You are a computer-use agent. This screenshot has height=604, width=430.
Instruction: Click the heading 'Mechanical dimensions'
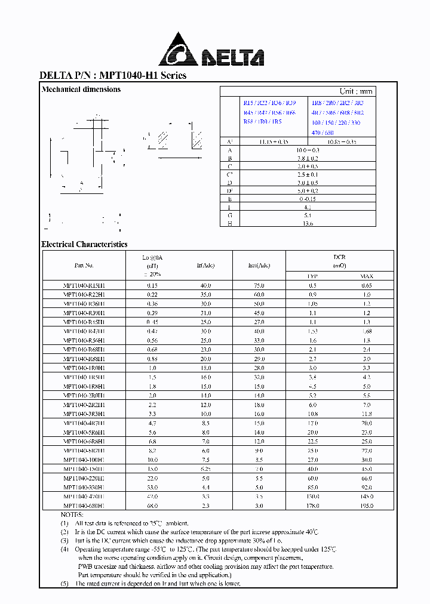[81, 90]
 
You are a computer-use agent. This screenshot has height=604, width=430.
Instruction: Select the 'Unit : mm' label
[355, 91]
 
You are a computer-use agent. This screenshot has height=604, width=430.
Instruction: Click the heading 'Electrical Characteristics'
[84, 244]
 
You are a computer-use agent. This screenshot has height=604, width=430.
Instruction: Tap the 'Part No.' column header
[84, 266]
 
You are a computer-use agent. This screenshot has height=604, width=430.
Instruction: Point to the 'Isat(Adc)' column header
[259, 266]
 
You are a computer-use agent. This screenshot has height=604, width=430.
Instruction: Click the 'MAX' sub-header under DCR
[366, 276]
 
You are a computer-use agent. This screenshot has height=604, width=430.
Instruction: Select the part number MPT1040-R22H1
[84, 295]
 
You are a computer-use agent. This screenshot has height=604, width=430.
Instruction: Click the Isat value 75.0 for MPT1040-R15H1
[259, 286]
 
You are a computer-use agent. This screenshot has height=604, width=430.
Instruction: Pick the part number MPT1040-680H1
[84, 506]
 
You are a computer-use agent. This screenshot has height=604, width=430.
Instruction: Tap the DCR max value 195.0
[366, 506]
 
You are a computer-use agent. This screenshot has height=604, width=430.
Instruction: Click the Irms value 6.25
[206, 469]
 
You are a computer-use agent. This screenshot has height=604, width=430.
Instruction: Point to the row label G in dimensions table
[229, 215]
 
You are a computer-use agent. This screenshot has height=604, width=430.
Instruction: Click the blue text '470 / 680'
[322, 132]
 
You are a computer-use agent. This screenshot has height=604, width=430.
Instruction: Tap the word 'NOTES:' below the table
[73, 514]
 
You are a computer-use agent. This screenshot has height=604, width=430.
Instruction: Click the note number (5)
[64, 583]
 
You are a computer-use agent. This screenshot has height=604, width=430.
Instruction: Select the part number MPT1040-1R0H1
[84, 368]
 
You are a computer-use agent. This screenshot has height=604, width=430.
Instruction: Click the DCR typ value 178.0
[313, 506]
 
